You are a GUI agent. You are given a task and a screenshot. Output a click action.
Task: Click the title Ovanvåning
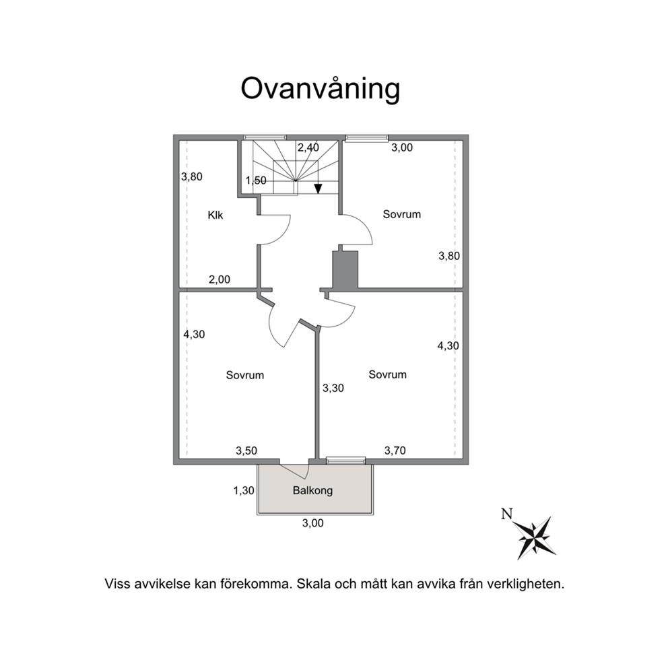[321, 89]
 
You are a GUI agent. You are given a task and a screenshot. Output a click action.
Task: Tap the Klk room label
[215, 215]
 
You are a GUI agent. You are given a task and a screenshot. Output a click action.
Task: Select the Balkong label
[312, 490]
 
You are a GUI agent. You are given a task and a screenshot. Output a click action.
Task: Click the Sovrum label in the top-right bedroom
[402, 214]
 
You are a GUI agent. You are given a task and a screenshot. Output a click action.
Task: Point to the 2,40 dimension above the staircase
[308, 147]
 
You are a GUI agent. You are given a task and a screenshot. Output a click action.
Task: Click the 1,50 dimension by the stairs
[256, 180]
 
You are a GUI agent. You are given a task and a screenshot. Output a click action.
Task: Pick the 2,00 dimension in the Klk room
[220, 279]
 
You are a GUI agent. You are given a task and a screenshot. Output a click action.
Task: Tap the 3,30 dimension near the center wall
[333, 388]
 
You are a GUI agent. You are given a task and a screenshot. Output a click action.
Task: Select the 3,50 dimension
[246, 450]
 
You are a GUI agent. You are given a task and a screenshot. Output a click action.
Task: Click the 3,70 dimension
[395, 450]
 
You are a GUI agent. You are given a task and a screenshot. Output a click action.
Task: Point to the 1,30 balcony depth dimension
[244, 491]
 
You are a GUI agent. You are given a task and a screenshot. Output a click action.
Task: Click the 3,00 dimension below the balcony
[313, 523]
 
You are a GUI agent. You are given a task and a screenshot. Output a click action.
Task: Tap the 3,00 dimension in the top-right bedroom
[402, 147]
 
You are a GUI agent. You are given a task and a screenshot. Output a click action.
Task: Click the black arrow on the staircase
[318, 189]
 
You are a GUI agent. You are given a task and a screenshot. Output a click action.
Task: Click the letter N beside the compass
[506, 514]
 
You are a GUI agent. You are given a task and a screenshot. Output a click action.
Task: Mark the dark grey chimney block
[345, 269]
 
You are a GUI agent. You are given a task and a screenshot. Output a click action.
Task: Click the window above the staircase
[265, 137]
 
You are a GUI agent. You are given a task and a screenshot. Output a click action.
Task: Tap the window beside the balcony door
[346, 460]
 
